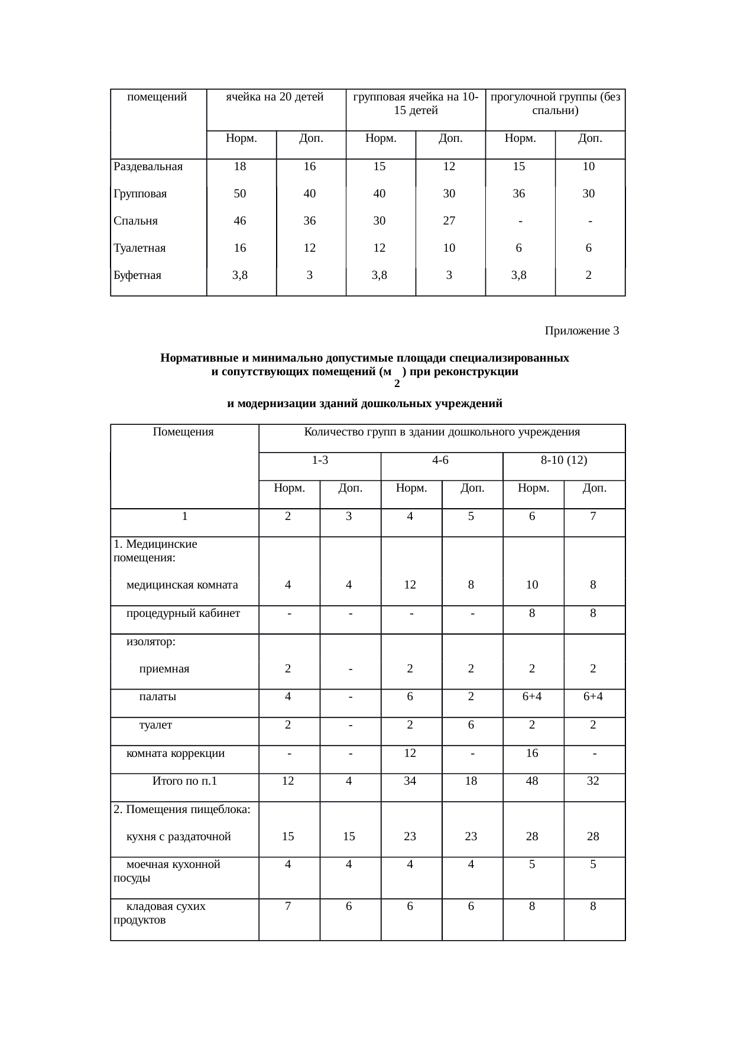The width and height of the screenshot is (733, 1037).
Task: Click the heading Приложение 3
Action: click(x=581, y=331)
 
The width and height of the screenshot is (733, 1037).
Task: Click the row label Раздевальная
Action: click(x=148, y=167)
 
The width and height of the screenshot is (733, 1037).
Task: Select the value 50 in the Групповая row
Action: click(x=240, y=194)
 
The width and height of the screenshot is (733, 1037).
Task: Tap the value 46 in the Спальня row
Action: click(x=240, y=221)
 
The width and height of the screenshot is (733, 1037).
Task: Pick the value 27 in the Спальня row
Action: click(x=449, y=221)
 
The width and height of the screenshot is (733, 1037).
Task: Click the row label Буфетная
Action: click(x=137, y=275)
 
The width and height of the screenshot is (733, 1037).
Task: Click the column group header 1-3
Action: click(x=320, y=460)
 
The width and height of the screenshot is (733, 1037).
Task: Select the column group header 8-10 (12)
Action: click(x=563, y=460)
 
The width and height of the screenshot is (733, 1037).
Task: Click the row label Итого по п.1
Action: click(x=184, y=781)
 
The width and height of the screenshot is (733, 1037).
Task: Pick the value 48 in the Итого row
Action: click(x=532, y=781)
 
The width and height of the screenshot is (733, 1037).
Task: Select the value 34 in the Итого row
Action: click(x=410, y=781)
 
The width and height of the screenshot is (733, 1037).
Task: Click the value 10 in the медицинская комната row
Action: click(x=532, y=585)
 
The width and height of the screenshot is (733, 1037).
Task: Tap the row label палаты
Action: click(x=157, y=697)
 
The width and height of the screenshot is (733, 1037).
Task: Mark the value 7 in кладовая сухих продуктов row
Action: click(x=288, y=906)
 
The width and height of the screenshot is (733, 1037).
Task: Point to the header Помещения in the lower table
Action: click(x=183, y=432)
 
